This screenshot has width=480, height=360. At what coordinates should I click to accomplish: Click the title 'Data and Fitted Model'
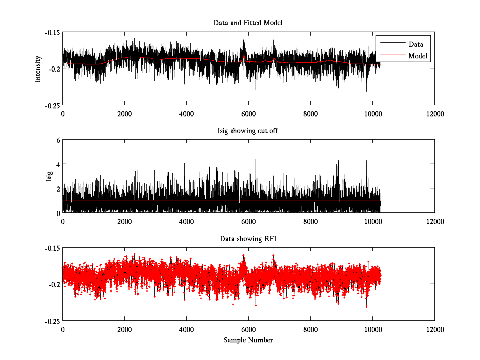pyautogui.click(x=248, y=23)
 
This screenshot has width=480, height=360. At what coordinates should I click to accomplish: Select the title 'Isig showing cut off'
pyautogui.click(x=248, y=131)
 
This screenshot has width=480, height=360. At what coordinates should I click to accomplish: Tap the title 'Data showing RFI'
pyautogui.click(x=248, y=239)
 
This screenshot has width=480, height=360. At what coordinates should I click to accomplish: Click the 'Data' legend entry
pyautogui.click(x=416, y=44)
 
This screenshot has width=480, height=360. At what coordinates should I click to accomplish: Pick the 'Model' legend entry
pyautogui.click(x=418, y=56)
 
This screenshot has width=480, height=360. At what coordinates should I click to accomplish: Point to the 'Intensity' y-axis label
pyautogui.click(x=38, y=68)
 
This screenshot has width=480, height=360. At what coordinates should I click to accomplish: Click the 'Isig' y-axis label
pyautogui.click(x=49, y=176)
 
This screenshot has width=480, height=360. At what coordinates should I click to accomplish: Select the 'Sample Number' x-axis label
pyautogui.click(x=248, y=340)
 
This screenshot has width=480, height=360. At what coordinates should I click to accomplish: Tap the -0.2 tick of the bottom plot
pyautogui.click(x=54, y=284)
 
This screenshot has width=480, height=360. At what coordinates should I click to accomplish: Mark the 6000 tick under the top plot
pyautogui.click(x=248, y=114)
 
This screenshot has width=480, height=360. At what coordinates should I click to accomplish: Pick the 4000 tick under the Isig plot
pyautogui.click(x=186, y=221)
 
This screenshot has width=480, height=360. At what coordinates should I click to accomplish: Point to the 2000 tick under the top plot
pyautogui.click(x=124, y=114)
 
